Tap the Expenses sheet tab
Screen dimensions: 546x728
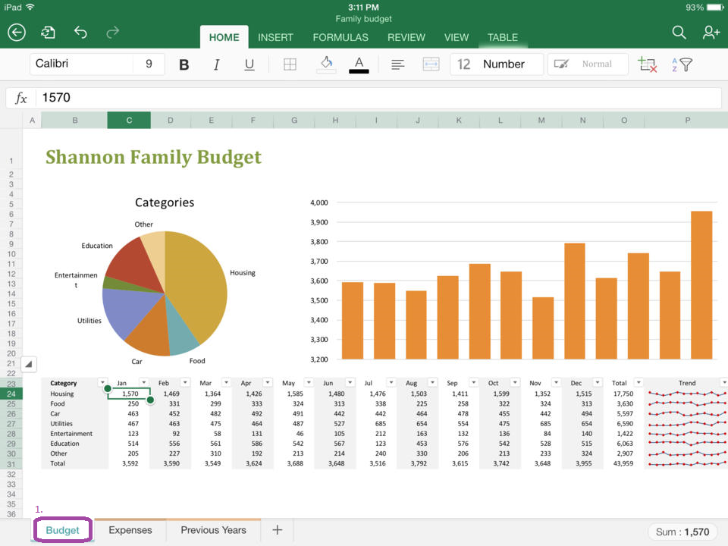pyautogui.click(x=130, y=530)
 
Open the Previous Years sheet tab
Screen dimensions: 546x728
pyautogui.click(x=213, y=530)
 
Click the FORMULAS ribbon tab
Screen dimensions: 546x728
pyautogui.click(x=340, y=37)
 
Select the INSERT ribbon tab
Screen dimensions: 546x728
pyautogui.click(x=276, y=37)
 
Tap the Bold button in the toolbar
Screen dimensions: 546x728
pyautogui.click(x=184, y=64)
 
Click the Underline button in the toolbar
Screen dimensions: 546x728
pyautogui.click(x=249, y=64)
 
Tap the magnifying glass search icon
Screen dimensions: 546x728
pyautogui.click(x=679, y=32)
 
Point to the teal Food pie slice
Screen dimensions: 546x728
pyautogui.click(x=183, y=337)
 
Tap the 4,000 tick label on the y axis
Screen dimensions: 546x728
pyautogui.click(x=318, y=202)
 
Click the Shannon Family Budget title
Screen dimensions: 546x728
pyautogui.click(x=153, y=157)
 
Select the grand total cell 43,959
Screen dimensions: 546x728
pyautogui.click(x=622, y=463)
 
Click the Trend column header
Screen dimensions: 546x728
pyautogui.click(x=686, y=383)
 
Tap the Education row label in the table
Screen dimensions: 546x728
pyautogui.click(x=64, y=444)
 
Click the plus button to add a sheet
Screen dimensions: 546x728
pyautogui.click(x=277, y=530)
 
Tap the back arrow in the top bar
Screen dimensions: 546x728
pyautogui.click(x=17, y=32)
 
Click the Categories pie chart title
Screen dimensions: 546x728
pyautogui.click(x=165, y=202)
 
